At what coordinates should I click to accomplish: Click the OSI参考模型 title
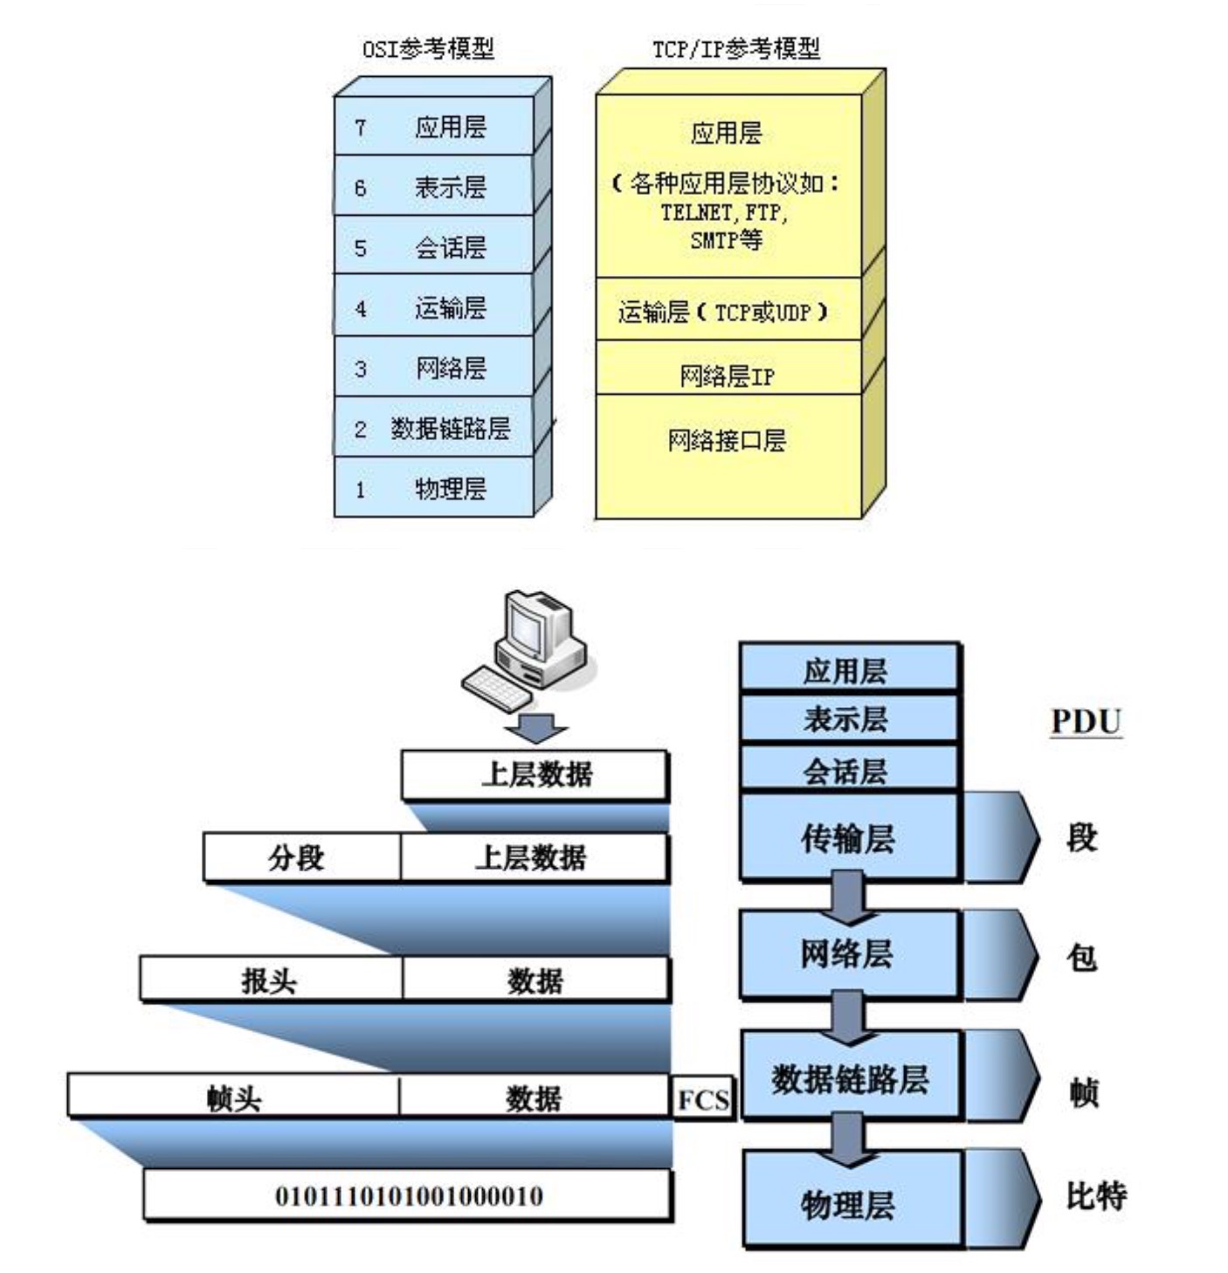[428, 49]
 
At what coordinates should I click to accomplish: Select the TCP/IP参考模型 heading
[736, 49]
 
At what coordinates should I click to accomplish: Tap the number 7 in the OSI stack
[360, 127]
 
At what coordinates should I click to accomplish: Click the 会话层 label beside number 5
[450, 248]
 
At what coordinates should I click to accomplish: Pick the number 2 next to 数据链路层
[360, 430]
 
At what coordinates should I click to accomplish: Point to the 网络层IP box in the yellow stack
[728, 367]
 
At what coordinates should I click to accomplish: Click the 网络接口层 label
[726, 440]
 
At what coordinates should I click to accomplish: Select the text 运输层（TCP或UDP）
[723, 312]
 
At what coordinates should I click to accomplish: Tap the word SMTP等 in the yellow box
[726, 240]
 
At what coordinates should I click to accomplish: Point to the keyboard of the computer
[497, 686]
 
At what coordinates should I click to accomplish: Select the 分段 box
[301, 857]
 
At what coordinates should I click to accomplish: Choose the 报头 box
[271, 979]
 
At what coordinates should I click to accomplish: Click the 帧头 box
[233, 1095]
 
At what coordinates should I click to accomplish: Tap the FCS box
[702, 1099]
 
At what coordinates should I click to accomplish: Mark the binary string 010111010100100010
[409, 1195]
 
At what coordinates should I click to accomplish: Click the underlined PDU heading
[1086, 721]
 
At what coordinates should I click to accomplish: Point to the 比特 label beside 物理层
[1096, 1196]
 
